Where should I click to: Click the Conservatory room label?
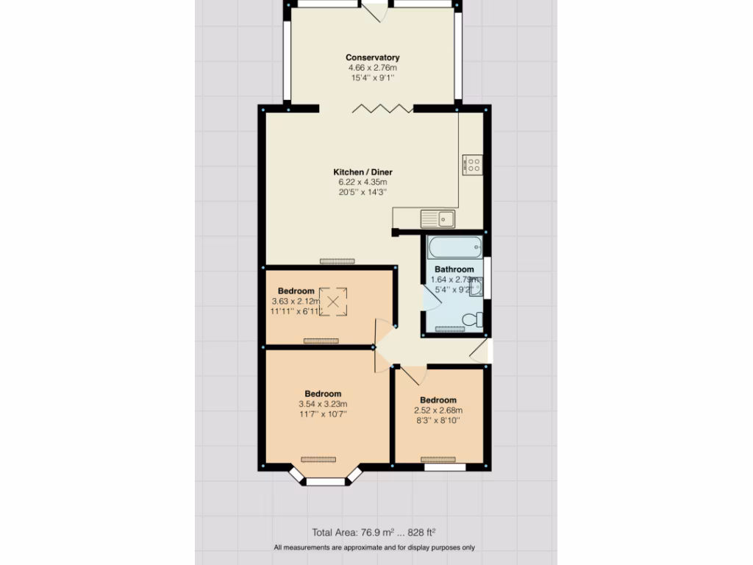tap(373, 57)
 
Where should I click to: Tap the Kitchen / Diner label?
tap(362, 172)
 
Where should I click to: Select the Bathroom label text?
tap(454, 269)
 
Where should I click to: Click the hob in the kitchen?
tap(472, 164)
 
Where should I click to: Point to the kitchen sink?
tap(438, 218)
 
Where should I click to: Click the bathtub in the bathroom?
tap(454, 246)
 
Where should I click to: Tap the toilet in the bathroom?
tap(475, 320)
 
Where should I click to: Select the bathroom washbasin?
tap(476, 288)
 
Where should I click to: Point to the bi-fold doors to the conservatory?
tap(382, 109)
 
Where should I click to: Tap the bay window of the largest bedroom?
tap(325, 481)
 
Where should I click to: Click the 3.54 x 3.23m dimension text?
tap(323, 404)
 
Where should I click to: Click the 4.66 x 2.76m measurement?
tap(373, 68)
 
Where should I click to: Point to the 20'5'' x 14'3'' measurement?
tap(362, 192)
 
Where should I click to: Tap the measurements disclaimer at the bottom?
tap(374, 547)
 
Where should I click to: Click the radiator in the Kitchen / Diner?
tap(338, 261)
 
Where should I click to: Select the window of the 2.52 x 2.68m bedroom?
tap(445, 466)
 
